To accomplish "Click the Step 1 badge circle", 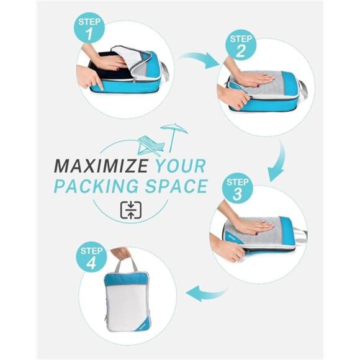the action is click(89, 28).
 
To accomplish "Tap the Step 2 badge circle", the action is click(241, 45).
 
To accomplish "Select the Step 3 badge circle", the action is click(237, 188).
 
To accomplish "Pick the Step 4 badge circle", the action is click(91, 257).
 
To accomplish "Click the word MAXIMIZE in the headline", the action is click(101, 166).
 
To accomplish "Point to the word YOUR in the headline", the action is click(180, 166).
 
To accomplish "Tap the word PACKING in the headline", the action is click(96, 186).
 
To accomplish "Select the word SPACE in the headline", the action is click(176, 186).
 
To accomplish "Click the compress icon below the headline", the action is click(131, 210).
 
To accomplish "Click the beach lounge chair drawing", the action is click(151, 145).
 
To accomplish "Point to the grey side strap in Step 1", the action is click(165, 70).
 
